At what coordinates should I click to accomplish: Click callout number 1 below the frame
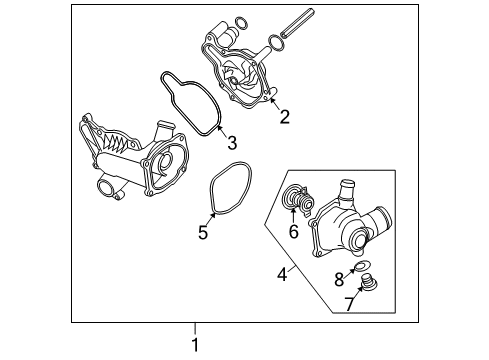click(x=195, y=344)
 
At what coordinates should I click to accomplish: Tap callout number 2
click(x=284, y=117)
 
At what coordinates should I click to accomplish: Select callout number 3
click(x=232, y=143)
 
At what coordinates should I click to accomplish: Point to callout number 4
click(x=282, y=274)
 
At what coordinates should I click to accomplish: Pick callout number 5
click(x=203, y=232)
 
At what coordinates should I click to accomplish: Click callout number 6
click(x=293, y=231)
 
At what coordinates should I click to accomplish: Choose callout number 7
click(x=349, y=303)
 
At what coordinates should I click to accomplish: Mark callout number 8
click(x=339, y=279)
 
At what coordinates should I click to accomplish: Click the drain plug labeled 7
click(x=369, y=283)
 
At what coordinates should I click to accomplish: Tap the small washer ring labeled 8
click(x=362, y=266)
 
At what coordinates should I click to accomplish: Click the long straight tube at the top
click(x=297, y=23)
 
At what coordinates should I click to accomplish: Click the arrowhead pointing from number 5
click(x=213, y=215)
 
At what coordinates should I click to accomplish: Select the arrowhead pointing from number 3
click(x=219, y=128)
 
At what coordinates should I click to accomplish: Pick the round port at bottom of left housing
click(x=106, y=189)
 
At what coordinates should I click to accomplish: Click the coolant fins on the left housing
click(x=116, y=142)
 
